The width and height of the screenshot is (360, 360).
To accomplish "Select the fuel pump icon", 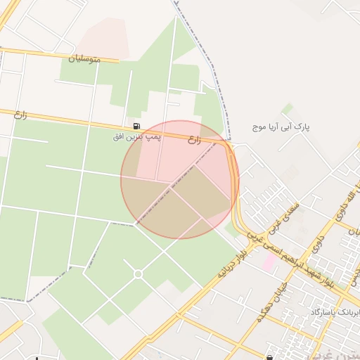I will tap(136, 126).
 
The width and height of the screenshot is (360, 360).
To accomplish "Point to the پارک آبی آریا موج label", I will tap(281, 127).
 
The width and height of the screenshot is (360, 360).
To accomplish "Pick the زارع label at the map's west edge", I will tap(20, 113).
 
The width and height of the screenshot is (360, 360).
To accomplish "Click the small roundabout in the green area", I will tap(138, 274).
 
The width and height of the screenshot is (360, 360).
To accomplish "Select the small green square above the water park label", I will tap(288, 109).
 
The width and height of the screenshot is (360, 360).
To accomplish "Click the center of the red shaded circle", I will tap(179, 179).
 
